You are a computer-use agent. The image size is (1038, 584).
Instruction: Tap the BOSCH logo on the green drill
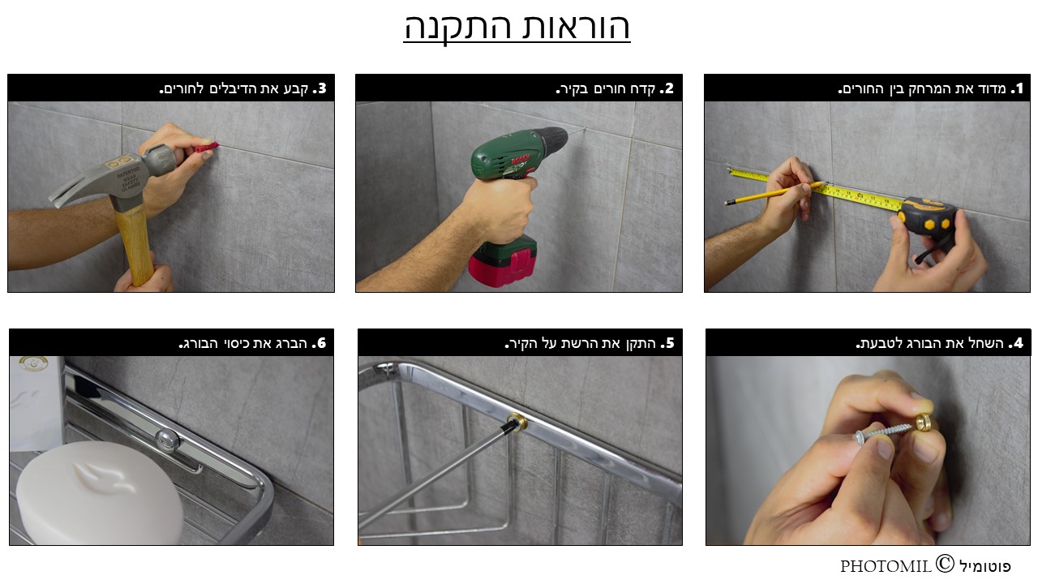[x=521, y=161]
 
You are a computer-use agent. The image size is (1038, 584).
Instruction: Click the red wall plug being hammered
[x=206, y=148]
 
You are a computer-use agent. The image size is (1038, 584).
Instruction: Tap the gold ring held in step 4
[x=924, y=422]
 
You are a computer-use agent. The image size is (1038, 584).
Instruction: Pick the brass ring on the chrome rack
[x=517, y=421]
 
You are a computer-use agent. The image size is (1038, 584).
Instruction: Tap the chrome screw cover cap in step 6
[x=167, y=440]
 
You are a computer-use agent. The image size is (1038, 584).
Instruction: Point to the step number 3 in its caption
[x=320, y=88]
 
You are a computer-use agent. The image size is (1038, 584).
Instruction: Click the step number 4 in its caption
[x=1016, y=343]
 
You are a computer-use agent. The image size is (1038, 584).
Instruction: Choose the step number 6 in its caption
[x=320, y=343]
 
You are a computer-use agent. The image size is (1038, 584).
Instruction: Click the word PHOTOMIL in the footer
[x=886, y=566]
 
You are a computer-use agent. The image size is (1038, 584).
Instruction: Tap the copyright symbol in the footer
[x=945, y=564]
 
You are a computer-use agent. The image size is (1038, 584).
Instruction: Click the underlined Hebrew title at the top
[x=517, y=27]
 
